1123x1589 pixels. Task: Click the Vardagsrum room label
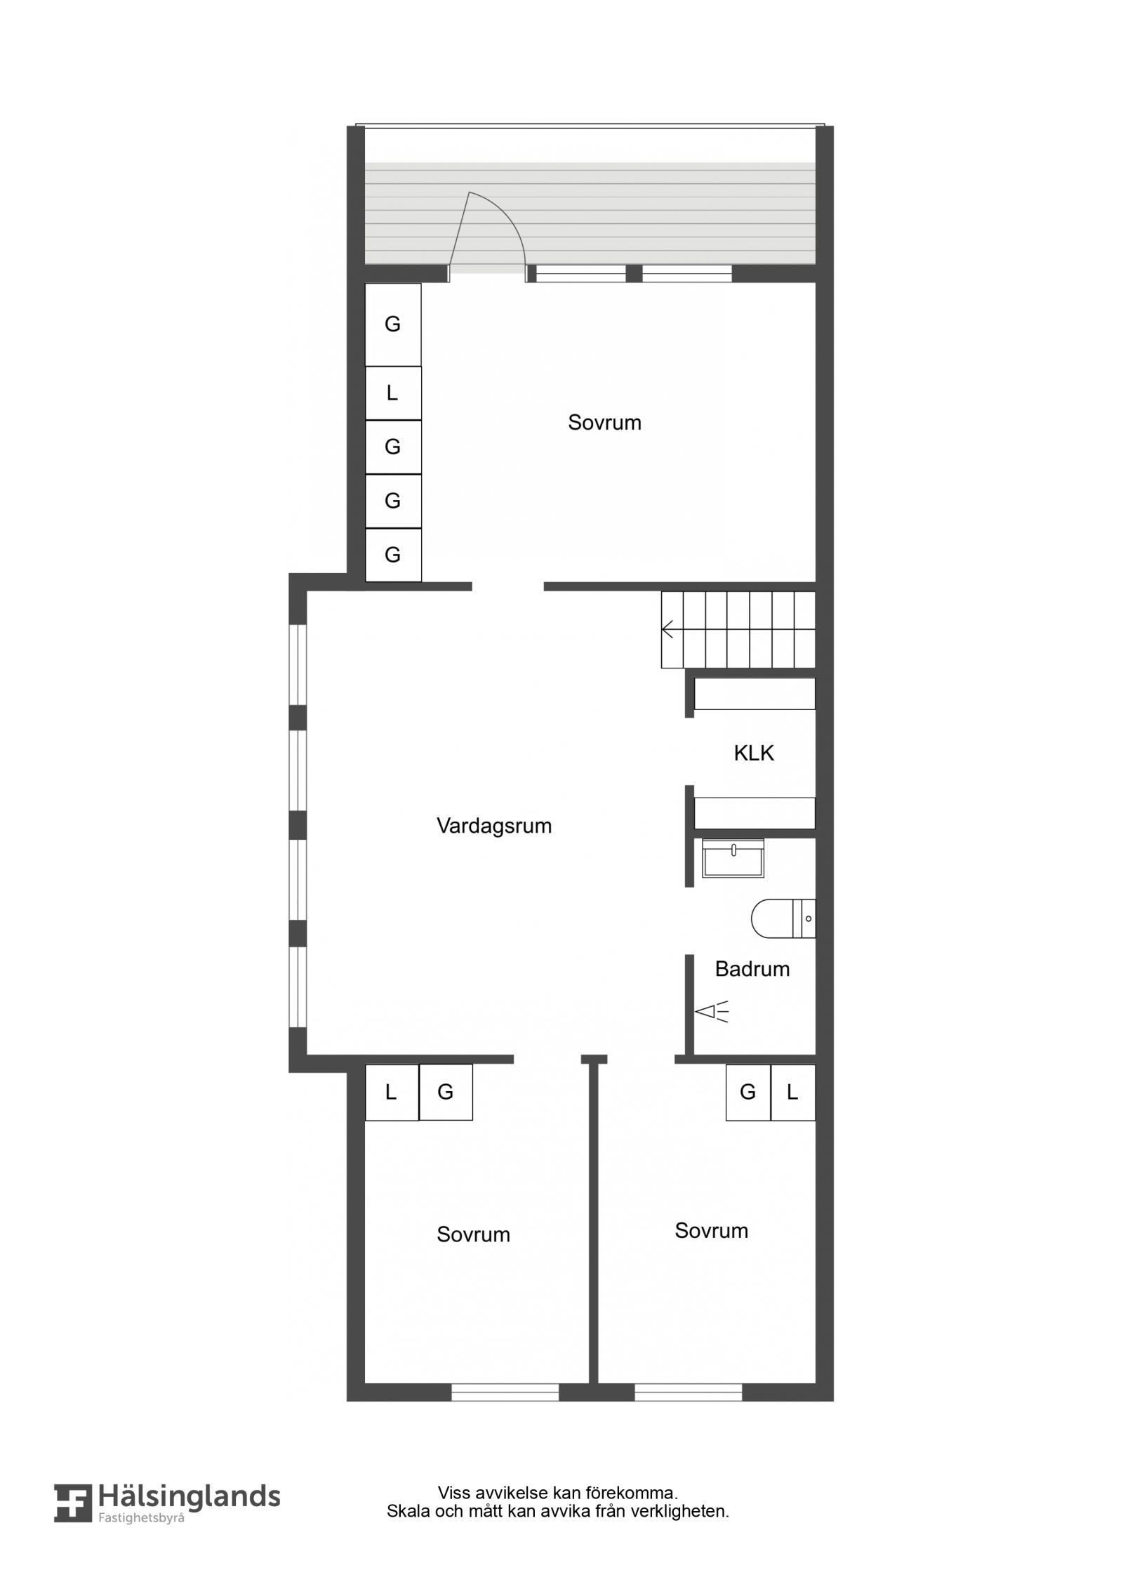coord(494,826)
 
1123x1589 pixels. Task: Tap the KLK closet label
coord(754,753)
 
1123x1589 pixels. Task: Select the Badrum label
coord(752,969)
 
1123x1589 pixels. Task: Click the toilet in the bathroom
coord(783,918)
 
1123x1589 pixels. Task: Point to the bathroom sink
coord(733,858)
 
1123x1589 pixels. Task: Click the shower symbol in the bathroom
coord(712,1012)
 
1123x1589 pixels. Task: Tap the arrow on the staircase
coord(668,629)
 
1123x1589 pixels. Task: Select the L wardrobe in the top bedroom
coord(393,393)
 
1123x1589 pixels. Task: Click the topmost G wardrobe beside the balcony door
coord(393,324)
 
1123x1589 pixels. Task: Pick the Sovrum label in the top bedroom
coord(604,423)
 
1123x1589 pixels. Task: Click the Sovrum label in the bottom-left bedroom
coord(473,1235)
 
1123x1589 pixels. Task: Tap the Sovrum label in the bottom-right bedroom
coord(711,1231)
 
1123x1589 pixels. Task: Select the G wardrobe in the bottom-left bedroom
coord(446,1093)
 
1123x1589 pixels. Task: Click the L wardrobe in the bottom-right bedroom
coord(793,1093)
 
